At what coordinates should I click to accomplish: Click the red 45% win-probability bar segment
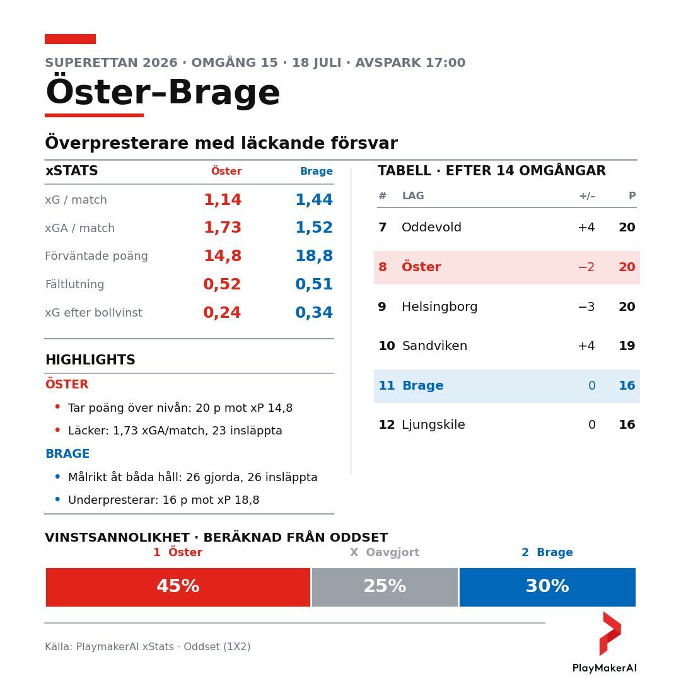pos(178,587)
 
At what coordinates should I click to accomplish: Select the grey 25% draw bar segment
pos(385,587)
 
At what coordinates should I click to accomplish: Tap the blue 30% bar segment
pos(547,587)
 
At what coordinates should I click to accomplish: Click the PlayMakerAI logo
pos(605,643)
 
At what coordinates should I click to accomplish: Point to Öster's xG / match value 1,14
pos(223,200)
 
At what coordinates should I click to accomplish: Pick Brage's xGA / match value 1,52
pos(314,228)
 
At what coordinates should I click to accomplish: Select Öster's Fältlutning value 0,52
pos(222,284)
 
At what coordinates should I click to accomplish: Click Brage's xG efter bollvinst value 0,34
pos(314,312)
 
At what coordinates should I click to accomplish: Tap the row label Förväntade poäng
pos(96,256)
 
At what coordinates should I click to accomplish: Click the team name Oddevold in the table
pos(431,227)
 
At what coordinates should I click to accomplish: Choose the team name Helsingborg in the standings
pos(439,306)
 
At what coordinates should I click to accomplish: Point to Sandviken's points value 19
pos(627,346)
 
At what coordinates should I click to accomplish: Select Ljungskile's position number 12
pos(387,424)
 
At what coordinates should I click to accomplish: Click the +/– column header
pos(587,196)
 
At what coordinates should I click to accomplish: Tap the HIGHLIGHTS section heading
pos(90,359)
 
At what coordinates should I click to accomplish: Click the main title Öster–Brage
pos(163,92)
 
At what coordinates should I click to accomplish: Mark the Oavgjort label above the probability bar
pos(393,552)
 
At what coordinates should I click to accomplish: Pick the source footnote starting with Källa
pos(148,647)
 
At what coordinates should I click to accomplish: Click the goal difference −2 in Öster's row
pos(586,267)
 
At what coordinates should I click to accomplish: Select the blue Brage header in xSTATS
pos(317,171)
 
